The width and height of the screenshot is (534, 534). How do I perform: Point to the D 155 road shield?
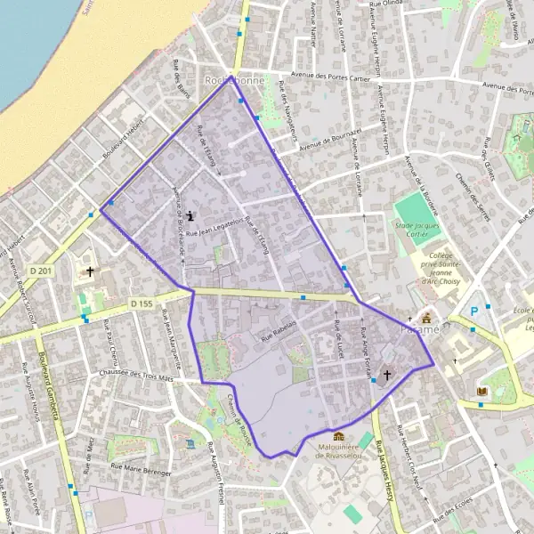coord(142,303)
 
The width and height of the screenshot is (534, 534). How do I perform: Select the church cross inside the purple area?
coord(386,376)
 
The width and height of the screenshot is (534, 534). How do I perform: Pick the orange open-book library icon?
coord(482,391)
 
